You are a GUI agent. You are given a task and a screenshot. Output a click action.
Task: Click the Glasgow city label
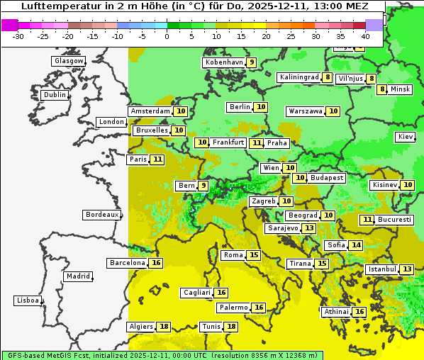tap(69, 61)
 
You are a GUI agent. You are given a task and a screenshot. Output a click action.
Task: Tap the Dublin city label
tap(55, 95)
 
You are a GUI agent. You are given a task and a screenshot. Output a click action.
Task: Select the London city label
tap(111, 122)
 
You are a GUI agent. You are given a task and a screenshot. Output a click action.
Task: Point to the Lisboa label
tap(28, 300)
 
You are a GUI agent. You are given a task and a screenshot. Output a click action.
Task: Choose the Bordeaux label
tap(102, 215)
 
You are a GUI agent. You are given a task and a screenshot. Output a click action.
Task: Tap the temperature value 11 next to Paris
tap(157, 159)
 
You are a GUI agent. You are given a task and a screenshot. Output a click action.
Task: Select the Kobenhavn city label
tap(224, 62)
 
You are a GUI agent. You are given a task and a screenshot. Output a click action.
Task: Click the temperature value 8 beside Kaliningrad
tap(327, 77)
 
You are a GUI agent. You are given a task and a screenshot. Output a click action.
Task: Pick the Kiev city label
tap(406, 137)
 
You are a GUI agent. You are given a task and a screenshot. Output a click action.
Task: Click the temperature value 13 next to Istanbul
tap(407, 269)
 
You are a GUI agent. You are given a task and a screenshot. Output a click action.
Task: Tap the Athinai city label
tap(337, 312)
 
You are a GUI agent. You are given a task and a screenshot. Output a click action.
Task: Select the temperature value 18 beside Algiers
tap(164, 327)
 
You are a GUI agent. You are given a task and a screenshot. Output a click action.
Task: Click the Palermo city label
tap(233, 308)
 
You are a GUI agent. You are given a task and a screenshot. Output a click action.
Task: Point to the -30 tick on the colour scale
tap(18, 36)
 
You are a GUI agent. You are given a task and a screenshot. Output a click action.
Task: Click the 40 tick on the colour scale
tap(364, 36)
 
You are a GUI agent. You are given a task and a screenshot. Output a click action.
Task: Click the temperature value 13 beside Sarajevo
tap(308, 228)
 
